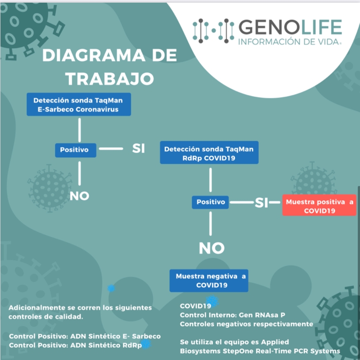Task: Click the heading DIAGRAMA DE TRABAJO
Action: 110,67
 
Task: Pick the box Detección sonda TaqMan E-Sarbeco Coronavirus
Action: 79,105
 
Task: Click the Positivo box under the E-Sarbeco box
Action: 74,150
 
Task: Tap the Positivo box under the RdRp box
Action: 211,202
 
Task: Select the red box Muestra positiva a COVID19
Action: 319,206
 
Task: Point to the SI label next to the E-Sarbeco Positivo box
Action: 139,149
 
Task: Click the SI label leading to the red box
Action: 261,203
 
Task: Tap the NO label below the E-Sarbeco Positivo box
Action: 80,196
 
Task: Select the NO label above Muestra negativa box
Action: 212,249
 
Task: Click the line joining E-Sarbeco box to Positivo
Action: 80,129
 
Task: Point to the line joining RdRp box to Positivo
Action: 210,180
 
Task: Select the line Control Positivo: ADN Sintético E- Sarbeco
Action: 85,336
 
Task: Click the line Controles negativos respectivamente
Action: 246,324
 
